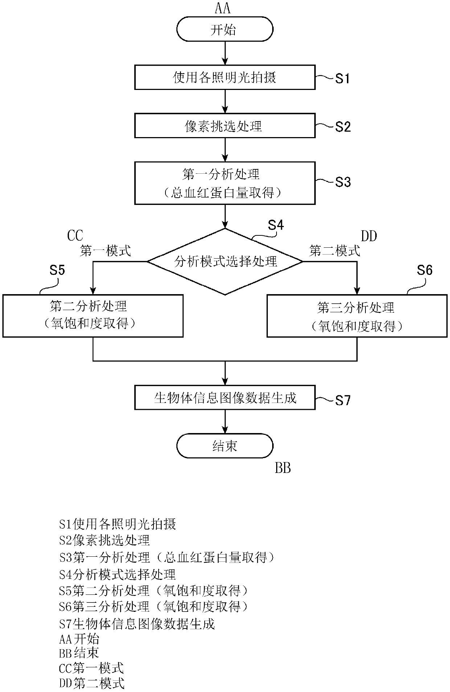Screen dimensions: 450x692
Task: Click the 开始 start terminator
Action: click(225, 29)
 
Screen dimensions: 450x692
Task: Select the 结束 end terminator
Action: click(225, 446)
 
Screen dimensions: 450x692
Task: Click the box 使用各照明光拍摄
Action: click(225, 77)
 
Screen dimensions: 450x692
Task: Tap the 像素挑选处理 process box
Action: click(225, 125)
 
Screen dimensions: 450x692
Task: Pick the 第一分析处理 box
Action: click(225, 183)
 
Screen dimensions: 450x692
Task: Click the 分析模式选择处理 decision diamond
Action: click(225, 261)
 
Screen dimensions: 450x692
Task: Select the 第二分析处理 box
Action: click(93, 316)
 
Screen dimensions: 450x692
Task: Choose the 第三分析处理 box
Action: click(357, 316)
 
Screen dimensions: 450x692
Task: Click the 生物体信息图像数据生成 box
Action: click(225, 398)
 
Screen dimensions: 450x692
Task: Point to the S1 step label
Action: click(342, 78)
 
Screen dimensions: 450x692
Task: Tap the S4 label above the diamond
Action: click(276, 225)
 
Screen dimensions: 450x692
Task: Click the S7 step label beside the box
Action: click(343, 400)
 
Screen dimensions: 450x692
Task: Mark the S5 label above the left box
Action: click(57, 270)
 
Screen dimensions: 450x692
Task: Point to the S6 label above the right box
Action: click(425, 270)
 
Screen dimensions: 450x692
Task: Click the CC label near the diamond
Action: click(75, 236)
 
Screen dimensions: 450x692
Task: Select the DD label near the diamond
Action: click(369, 236)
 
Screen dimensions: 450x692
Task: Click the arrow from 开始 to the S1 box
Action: click(225, 53)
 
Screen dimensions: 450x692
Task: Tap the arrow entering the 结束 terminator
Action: click(225, 421)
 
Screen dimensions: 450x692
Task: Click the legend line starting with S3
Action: click(167, 557)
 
